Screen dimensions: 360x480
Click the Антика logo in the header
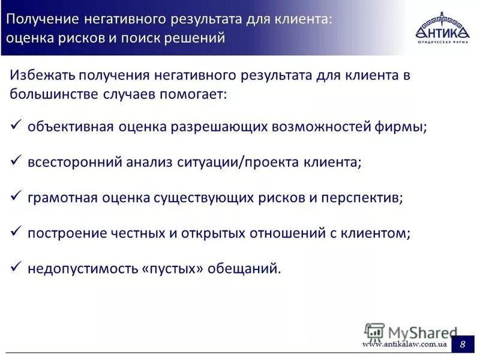[x=441, y=28]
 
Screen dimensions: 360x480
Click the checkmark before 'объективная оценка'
[x=17, y=126]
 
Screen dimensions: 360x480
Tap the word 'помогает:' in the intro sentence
[x=196, y=95]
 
